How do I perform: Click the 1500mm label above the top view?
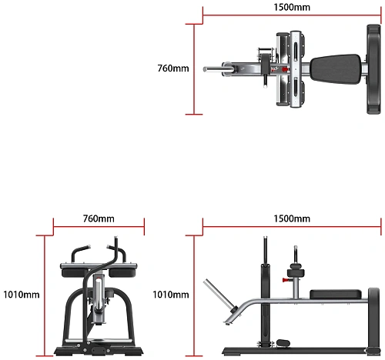point(292,7)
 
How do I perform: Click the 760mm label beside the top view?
point(173,68)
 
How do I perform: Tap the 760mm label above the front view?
point(99,218)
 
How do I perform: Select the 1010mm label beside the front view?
point(22,295)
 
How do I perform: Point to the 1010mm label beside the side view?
point(171,295)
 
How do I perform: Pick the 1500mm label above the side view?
point(292,218)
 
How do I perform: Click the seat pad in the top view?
point(336,68)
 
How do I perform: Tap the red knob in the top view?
point(284,69)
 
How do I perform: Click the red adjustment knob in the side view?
point(284,280)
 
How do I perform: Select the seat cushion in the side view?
point(336,295)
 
